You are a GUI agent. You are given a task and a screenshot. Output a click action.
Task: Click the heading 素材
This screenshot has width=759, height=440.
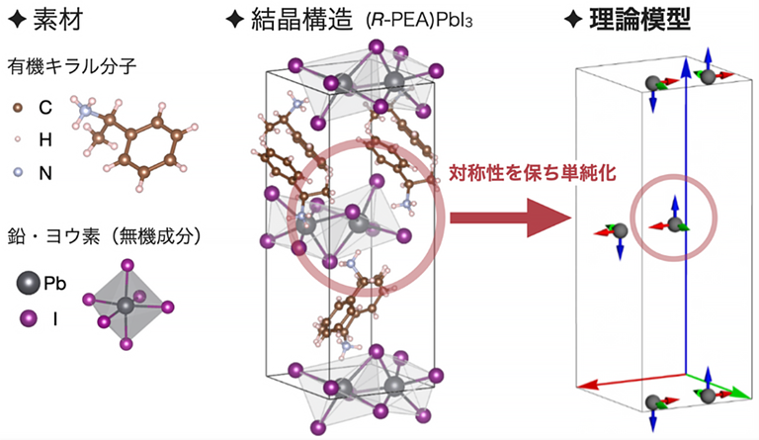pyautogui.click(x=57, y=20)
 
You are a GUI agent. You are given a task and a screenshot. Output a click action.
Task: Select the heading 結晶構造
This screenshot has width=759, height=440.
pyautogui.click(x=301, y=20)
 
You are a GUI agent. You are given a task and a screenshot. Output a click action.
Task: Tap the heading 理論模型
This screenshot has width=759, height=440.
pyautogui.click(x=639, y=20)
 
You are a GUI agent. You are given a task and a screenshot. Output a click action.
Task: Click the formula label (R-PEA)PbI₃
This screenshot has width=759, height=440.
pyautogui.click(x=419, y=22)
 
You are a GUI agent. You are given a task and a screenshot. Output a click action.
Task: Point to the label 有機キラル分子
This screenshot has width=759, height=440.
pyautogui.click(x=71, y=66)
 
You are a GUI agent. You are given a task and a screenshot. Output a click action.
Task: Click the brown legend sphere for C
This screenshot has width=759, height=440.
pyautogui.click(x=18, y=108)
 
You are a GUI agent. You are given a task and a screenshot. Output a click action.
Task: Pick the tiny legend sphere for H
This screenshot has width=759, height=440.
pyautogui.click(x=18, y=139)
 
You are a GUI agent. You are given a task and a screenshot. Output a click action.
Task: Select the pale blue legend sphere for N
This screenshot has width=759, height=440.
pyautogui.click(x=18, y=172)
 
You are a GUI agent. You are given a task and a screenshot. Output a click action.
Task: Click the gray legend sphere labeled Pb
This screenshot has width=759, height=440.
pyautogui.click(x=28, y=283)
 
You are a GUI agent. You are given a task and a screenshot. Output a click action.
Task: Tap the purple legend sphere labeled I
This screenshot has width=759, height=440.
pyautogui.click(x=28, y=319)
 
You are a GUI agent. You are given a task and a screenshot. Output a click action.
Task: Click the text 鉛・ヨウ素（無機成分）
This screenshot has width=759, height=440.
pyautogui.click(x=104, y=236)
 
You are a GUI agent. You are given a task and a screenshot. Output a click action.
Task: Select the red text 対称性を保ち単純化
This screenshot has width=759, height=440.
pyautogui.click(x=532, y=173)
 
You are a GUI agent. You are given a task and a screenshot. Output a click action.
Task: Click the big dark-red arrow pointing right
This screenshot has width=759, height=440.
pyautogui.click(x=510, y=218)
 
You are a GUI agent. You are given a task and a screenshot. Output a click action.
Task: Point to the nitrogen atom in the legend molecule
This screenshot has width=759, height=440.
pyautogui.click(x=85, y=111)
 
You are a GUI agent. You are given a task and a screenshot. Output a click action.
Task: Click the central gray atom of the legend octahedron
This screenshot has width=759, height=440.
pyautogui.click(x=126, y=305)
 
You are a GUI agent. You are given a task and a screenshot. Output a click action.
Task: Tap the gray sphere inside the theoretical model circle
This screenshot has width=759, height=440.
pyautogui.click(x=674, y=224)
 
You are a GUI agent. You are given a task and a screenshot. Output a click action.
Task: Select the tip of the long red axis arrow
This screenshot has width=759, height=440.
pyautogui.click(x=577, y=387)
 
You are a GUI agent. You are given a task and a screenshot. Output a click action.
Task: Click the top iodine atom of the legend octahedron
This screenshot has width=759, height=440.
pyautogui.click(x=127, y=265)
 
